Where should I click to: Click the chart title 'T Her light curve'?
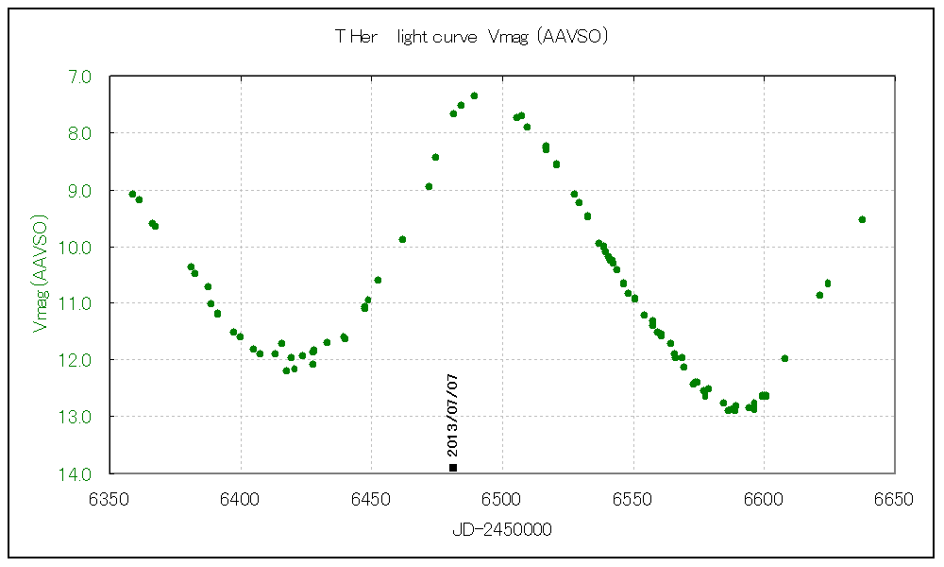click(x=470, y=37)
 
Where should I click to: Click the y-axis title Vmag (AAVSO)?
click(x=40, y=274)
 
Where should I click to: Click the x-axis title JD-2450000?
click(x=502, y=530)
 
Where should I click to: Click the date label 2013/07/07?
click(x=453, y=417)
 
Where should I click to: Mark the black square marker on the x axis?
click(x=453, y=467)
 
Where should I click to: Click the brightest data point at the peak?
click(x=474, y=95)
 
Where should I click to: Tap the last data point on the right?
click(x=862, y=219)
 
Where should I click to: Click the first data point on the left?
click(x=132, y=194)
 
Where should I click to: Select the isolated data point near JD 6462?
click(x=402, y=239)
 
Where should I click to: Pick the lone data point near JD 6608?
click(x=784, y=358)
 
